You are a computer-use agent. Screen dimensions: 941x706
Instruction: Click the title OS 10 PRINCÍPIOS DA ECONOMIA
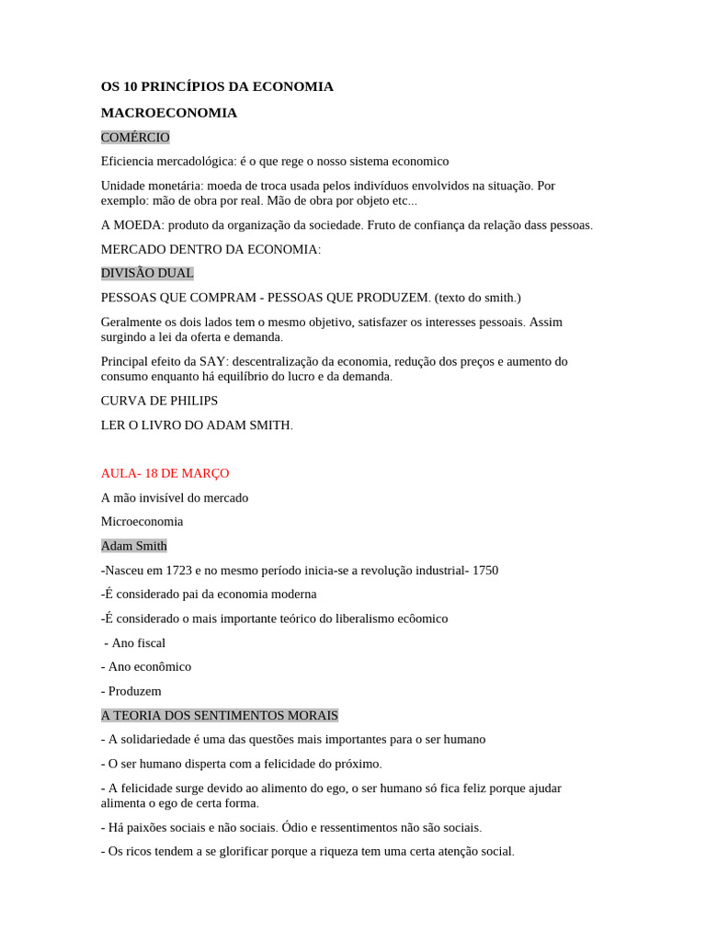217,86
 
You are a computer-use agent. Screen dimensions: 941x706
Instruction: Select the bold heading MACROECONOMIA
169,113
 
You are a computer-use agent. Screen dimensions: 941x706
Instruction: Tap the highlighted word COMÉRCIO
135,137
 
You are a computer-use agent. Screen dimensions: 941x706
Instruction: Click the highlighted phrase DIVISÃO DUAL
147,274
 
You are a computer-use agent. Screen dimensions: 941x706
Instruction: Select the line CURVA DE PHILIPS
159,401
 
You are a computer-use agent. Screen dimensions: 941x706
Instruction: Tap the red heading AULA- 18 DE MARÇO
165,473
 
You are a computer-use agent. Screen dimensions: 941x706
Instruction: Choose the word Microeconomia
142,522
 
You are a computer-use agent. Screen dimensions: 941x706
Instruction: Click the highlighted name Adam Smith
134,546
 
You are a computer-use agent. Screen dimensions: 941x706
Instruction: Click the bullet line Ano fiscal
138,643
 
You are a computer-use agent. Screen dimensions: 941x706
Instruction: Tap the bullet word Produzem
134,691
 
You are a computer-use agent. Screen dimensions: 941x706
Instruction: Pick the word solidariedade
157,740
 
